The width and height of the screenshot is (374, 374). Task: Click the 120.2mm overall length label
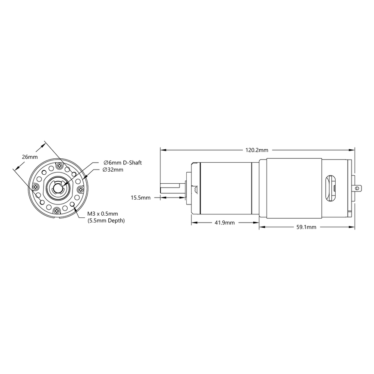click(257, 150)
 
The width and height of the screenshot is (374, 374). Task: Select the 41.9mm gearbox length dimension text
click(224, 223)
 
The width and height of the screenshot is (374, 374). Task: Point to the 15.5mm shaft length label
click(141, 198)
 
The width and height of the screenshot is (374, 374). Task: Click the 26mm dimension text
click(29, 157)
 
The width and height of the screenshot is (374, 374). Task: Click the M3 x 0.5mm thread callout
click(103, 214)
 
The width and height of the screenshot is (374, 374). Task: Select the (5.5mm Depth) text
click(106, 220)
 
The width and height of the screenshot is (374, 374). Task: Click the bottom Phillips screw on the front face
click(57, 211)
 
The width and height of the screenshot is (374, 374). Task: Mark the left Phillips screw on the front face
click(35, 187)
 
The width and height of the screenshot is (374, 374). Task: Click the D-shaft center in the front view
click(58, 188)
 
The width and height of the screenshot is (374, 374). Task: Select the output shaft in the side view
click(171, 188)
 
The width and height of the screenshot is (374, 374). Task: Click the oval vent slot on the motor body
click(331, 189)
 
